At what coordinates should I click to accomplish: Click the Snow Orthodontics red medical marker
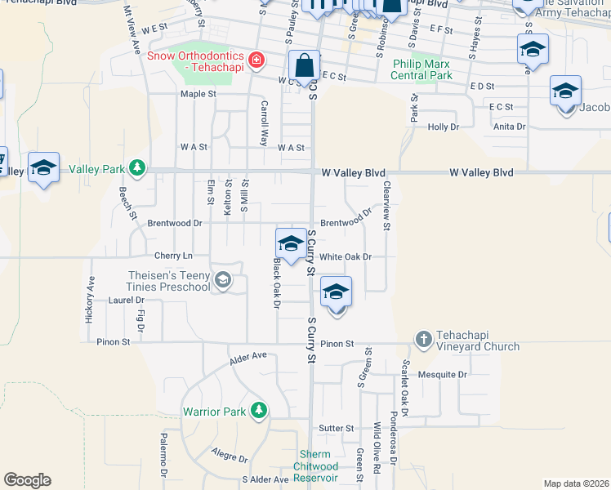click(256, 60)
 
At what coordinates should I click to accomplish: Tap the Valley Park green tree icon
click(138, 168)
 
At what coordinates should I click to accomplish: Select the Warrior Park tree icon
click(258, 410)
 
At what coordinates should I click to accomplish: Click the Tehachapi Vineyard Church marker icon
click(423, 338)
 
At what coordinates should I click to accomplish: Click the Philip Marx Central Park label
click(422, 69)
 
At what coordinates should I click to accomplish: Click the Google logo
click(27, 480)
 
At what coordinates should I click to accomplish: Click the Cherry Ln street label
click(172, 256)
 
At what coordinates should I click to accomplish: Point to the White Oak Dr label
click(346, 256)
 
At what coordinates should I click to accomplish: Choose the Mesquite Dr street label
click(441, 375)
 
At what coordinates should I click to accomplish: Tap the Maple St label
click(198, 94)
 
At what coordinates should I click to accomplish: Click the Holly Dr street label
click(444, 127)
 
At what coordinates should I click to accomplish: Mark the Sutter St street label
click(336, 428)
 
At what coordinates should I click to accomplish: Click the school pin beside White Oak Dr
click(290, 243)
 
